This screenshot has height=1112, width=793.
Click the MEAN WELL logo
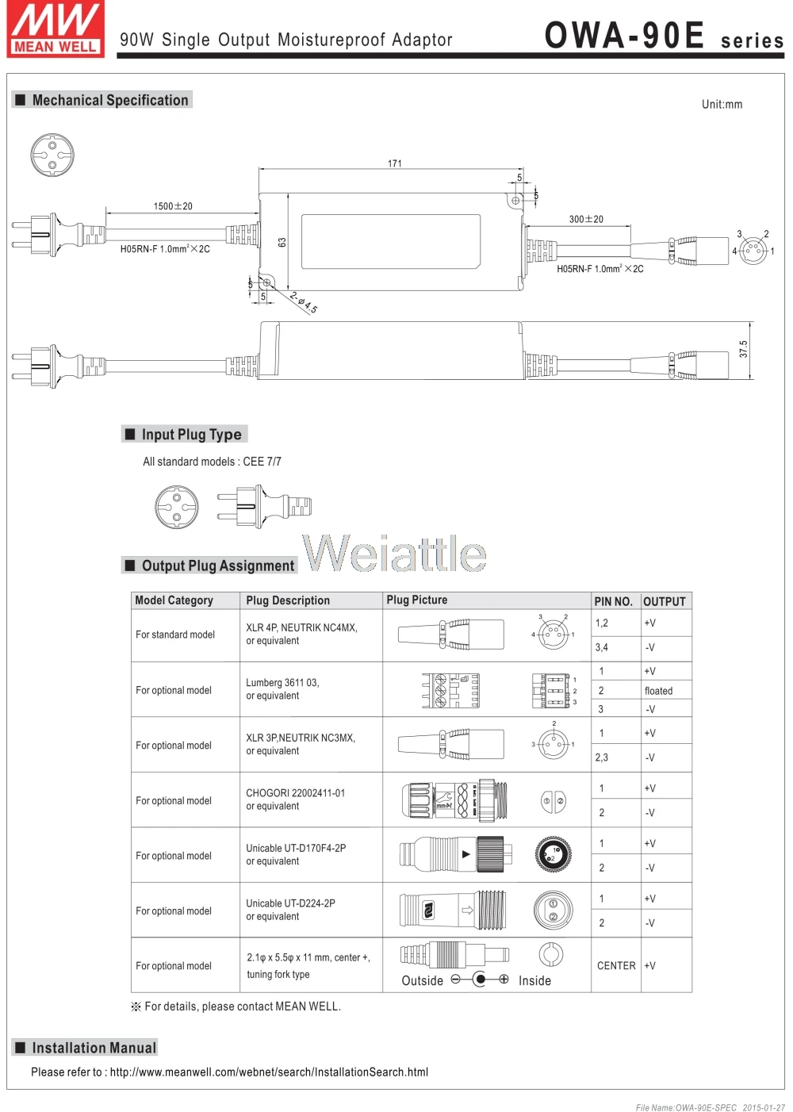point(56,29)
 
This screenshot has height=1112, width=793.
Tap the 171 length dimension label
point(394,163)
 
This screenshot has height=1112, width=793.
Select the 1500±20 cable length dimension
point(173,206)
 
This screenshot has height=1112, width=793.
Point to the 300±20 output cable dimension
point(586,219)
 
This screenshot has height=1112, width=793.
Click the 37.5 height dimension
point(743,349)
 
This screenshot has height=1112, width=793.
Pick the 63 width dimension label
point(282,242)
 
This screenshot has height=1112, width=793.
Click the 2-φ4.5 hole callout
point(303,303)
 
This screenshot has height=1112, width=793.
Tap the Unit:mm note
point(722,104)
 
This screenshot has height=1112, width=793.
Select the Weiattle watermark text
point(394,553)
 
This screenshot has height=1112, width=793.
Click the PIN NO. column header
point(613,601)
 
